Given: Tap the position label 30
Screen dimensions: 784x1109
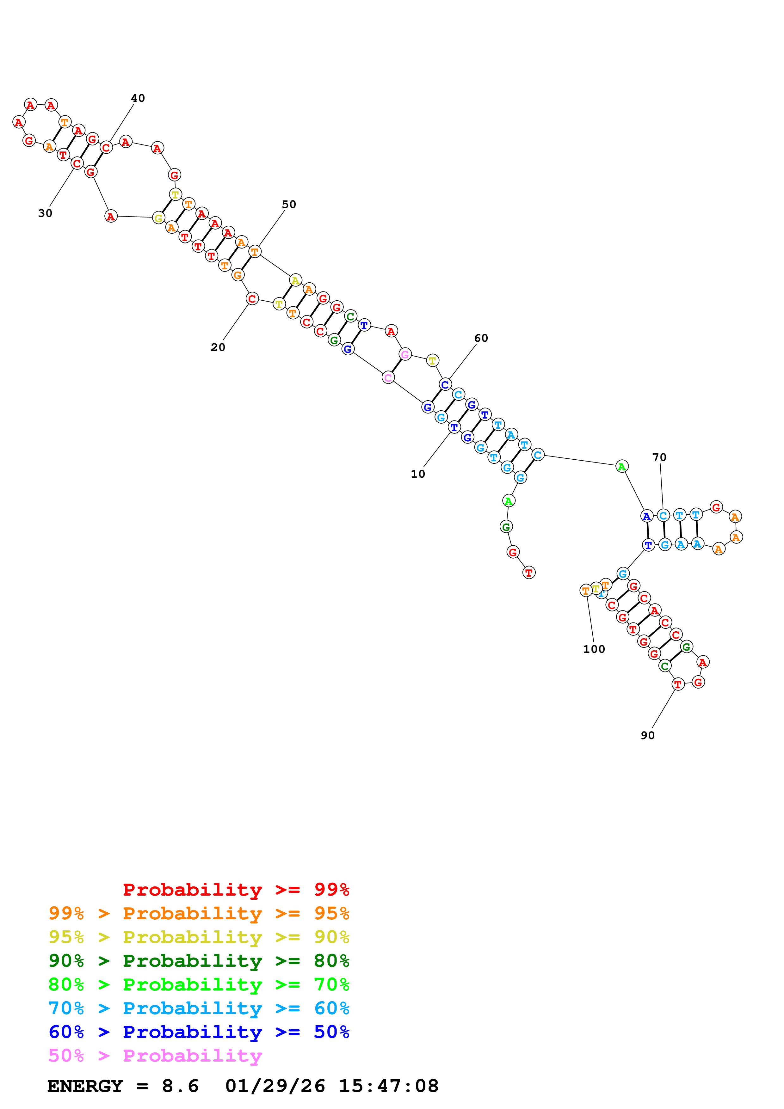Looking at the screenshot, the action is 45,213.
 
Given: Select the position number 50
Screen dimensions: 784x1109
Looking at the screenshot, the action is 289,204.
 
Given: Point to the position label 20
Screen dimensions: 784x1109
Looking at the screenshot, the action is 218,347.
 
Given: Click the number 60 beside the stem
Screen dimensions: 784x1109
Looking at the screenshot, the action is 481,338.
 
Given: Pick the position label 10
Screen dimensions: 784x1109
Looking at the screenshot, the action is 418,474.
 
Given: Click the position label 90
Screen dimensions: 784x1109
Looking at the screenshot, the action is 647,735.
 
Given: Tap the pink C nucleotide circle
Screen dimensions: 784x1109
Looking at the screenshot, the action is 388,378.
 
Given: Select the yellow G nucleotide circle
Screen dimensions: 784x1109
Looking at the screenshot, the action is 158,218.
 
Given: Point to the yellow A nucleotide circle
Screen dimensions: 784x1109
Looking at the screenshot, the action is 295,280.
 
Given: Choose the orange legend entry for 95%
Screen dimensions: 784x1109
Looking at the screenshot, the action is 199,913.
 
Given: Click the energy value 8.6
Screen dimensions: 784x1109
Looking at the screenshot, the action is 180,1086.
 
